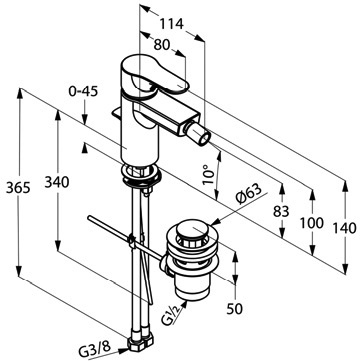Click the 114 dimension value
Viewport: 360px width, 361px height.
(x=172, y=24)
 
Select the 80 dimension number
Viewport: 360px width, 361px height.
(x=162, y=45)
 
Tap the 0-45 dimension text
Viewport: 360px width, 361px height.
(x=83, y=91)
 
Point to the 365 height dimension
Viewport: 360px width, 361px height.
(x=18, y=188)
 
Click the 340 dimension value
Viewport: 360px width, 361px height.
(x=57, y=182)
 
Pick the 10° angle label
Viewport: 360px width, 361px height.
(x=208, y=175)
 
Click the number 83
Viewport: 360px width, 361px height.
(x=281, y=211)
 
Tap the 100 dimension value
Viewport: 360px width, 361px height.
(x=312, y=223)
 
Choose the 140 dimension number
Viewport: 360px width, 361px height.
(x=345, y=229)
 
